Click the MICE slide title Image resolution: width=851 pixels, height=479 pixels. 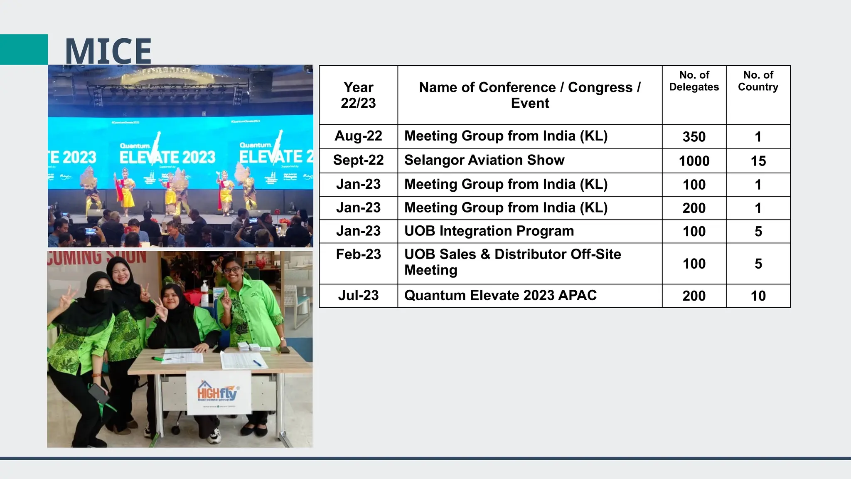tap(108, 51)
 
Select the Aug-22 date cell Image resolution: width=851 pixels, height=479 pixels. tap(358, 136)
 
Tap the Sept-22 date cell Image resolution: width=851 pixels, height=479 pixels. tap(358, 160)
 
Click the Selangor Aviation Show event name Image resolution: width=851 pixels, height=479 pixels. tap(484, 160)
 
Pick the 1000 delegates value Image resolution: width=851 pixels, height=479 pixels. tap(694, 161)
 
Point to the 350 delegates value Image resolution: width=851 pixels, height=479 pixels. tap(694, 137)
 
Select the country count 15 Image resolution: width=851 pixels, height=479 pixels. tap(758, 161)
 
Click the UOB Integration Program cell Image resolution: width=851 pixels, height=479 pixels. tap(489, 231)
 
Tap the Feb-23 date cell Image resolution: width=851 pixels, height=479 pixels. tap(358, 254)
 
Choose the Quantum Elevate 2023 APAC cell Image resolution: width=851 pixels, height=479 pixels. tap(500, 295)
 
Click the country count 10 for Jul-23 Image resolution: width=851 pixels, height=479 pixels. tap(758, 296)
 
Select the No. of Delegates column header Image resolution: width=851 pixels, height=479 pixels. tap(694, 81)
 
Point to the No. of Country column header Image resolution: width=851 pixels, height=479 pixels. tap(758, 81)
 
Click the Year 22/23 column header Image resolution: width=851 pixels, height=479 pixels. tap(358, 95)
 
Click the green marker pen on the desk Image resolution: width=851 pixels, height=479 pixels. tap(158, 358)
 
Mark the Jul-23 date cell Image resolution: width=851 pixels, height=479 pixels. tap(358, 295)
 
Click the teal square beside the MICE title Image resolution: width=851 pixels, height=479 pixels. tap(24, 49)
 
